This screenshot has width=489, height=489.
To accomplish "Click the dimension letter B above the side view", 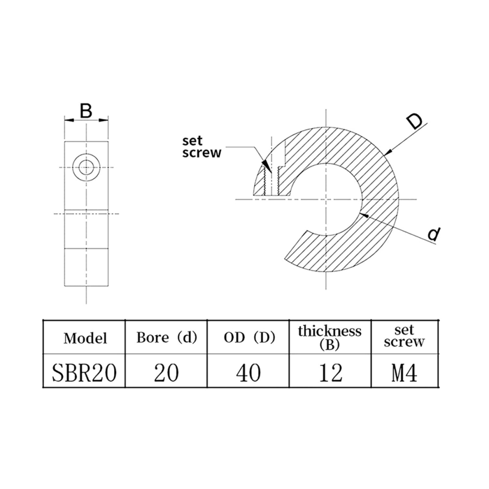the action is pyautogui.click(x=86, y=111).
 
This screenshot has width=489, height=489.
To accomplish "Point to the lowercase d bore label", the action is pyautogui.click(x=434, y=234).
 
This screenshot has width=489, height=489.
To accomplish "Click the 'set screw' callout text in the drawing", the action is pyautogui.click(x=202, y=147).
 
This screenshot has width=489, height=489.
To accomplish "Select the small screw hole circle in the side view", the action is pyautogui.click(x=86, y=167).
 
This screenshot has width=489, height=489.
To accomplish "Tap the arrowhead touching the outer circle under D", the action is pyautogui.click(x=389, y=152).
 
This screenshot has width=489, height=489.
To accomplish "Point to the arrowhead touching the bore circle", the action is pyautogui.click(x=364, y=215).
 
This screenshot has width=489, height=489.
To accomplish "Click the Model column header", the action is pyautogui.click(x=85, y=338).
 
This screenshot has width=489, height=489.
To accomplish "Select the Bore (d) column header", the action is pyautogui.click(x=167, y=337).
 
